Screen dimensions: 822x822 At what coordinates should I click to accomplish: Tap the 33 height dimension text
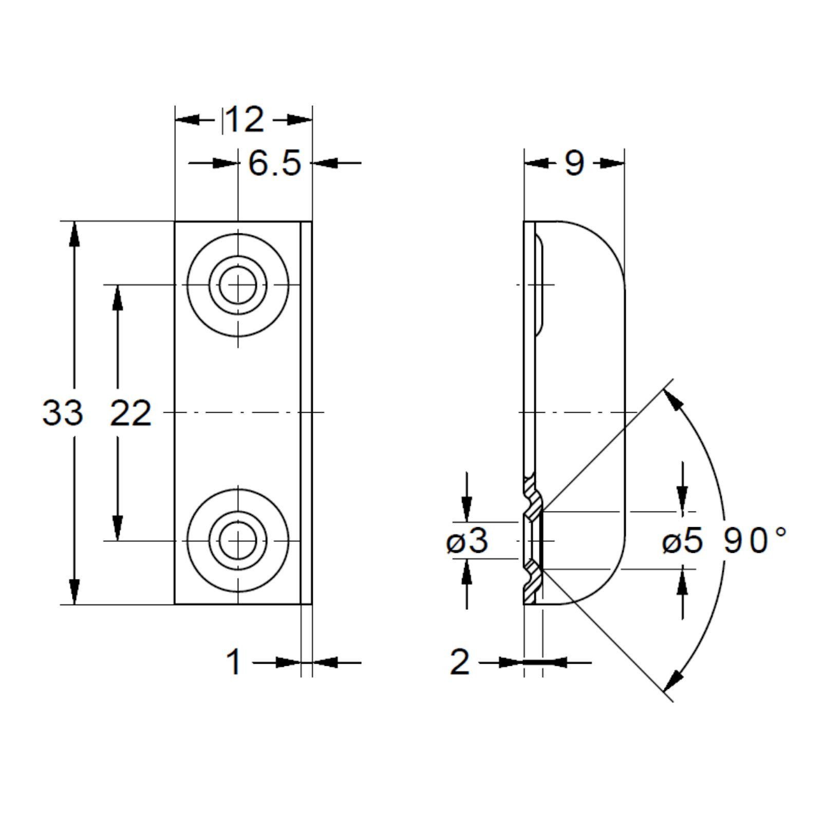pyautogui.click(x=62, y=413)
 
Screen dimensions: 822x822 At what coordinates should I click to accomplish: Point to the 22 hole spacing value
pyautogui.click(x=131, y=413)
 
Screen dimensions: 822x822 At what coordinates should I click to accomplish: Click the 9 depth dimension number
pyautogui.click(x=574, y=163)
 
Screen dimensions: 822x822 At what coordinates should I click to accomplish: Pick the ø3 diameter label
pyautogui.click(x=467, y=541)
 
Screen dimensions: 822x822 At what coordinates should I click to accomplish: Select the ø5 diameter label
pyautogui.click(x=682, y=541)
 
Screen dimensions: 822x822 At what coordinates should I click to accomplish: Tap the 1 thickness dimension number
pyautogui.click(x=234, y=662)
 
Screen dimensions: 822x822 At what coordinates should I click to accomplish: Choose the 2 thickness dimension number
pyautogui.click(x=459, y=662)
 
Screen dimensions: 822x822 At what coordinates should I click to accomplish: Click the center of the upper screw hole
pyautogui.click(x=238, y=285)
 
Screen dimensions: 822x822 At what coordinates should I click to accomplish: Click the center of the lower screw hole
pyautogui.click(x=238, y=541)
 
